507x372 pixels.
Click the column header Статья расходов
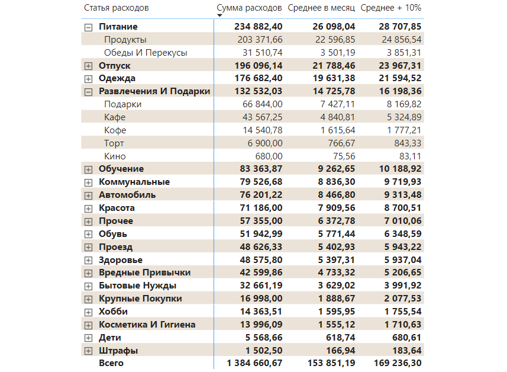pos(117,8)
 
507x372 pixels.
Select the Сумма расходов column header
pos(249,8)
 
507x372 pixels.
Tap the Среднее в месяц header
pos(321,8)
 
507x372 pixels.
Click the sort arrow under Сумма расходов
pos(219,15)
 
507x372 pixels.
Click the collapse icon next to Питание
pos(89,27)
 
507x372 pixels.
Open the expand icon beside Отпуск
pos(89,66)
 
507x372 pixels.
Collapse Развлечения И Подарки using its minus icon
pos(89,92)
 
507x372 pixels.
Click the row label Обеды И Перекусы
pos(146,53)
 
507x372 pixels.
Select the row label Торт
pos(115,143)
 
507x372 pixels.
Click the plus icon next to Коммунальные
pos(89,182)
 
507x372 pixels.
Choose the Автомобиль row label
pos(127,195)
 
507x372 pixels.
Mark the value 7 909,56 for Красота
pos(333,208)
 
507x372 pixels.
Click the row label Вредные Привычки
pos(144,272)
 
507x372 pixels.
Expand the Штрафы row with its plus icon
pos(89,351)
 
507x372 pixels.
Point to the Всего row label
pos(111,363)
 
